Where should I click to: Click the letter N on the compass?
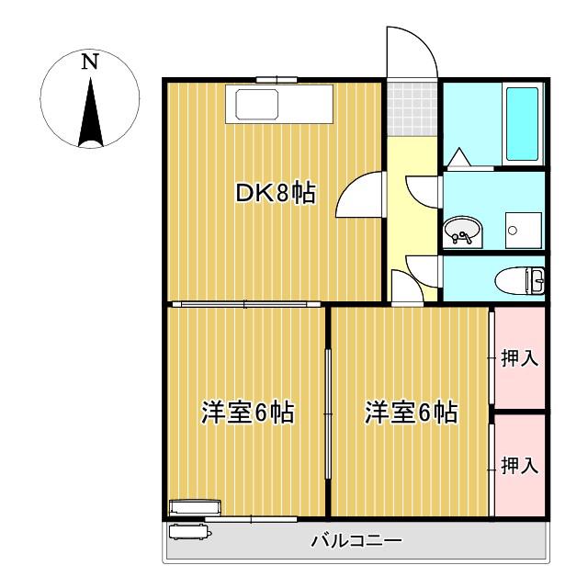[90, 62]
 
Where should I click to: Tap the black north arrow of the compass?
[90, 112]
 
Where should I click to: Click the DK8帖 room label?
[276, 193]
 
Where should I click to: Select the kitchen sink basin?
[257, 105]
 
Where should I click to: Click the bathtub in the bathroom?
[522, 124]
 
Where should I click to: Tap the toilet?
[519, 280]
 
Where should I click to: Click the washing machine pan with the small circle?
[523, 231]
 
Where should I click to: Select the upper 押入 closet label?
[520, 357]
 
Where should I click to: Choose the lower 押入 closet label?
[520, 466]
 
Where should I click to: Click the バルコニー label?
[356, 541]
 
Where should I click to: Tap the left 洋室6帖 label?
[247, 413]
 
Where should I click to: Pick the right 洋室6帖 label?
[412, 413]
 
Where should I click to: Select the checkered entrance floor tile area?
[413, 108]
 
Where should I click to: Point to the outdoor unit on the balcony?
[190, 532]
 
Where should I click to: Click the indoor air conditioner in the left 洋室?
[196, 507]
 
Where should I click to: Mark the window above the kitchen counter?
[277, 80]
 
